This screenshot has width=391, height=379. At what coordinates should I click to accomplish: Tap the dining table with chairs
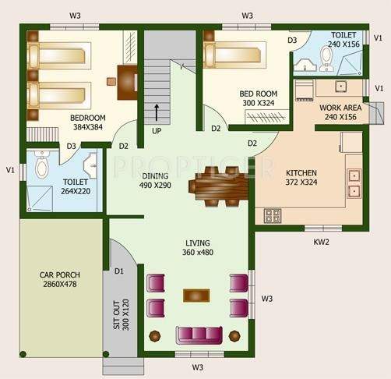point(217,186)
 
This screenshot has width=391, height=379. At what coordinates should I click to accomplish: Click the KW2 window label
point(321,243)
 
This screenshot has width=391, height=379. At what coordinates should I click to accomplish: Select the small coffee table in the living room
point(196,296)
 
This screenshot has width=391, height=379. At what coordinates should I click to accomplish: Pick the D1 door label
point(119,271)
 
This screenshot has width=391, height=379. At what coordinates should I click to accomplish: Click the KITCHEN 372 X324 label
point(301,178)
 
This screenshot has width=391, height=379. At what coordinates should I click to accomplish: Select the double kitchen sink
point(354,182)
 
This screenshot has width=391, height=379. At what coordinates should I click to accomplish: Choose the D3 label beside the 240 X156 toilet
point(292,40)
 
